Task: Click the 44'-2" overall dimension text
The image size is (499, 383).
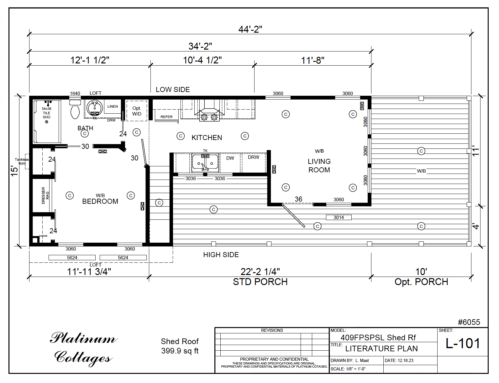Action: coord(250,29)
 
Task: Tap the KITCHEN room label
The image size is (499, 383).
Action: coord(207,138)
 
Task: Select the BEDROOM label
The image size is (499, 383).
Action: coord(100,201)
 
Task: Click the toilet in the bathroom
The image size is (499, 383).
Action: coord(75,110)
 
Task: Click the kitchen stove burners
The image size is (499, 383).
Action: coord(209,117)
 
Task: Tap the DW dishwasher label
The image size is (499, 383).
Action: coord(230,158)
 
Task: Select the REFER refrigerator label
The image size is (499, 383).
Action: coord(166,117)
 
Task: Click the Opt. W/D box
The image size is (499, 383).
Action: coord(137,111)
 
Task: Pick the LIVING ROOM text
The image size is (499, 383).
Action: coord(319,165)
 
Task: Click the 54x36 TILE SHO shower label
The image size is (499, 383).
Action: coord(46,113)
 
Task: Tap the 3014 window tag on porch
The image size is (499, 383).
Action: coord(339,217)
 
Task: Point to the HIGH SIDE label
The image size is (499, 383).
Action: coord(221,255)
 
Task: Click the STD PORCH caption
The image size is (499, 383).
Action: coord(260,282)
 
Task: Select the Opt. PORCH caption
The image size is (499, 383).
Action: coord(421,282)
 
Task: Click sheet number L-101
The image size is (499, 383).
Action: coord(463,343)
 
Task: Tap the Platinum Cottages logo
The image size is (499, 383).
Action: coord(83,348)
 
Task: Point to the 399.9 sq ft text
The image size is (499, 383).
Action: coord(180,351)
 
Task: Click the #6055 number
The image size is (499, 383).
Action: coord(469,322)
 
